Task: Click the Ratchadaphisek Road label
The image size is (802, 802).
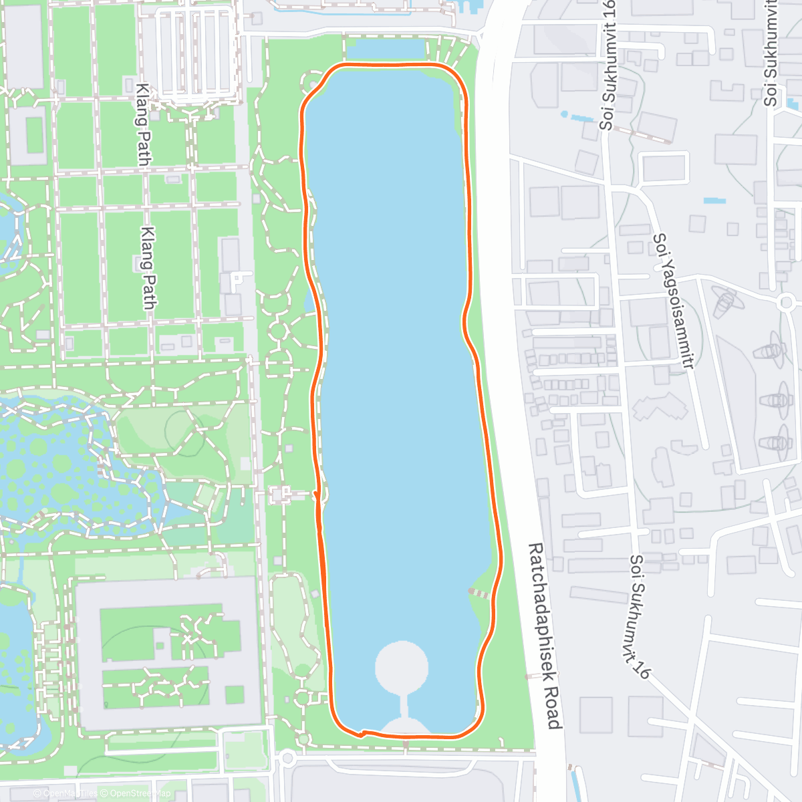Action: tap(545, 636)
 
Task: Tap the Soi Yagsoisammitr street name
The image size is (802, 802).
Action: tap(673, 300)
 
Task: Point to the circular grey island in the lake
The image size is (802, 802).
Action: tap(401, 666)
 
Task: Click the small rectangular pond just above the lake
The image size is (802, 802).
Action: tap(386, 49)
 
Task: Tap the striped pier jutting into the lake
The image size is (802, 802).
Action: tap(479, 593)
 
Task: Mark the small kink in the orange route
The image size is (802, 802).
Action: tap(362, 733)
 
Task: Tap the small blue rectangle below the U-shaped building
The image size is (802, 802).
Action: tap(714, 200)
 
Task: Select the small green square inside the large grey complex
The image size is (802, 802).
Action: tap(235, 694)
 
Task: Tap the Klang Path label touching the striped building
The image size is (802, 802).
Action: tap(143, 124)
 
